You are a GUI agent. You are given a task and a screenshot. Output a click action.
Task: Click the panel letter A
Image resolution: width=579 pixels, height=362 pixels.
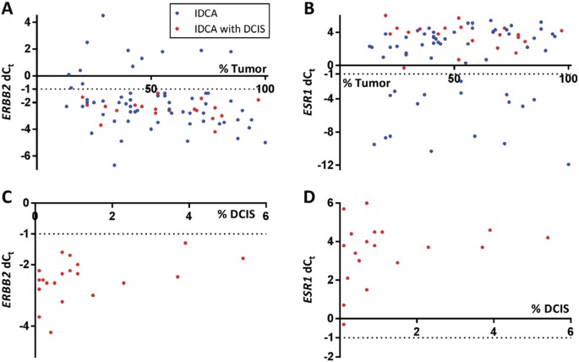pyautogui.click(x=8, y=10)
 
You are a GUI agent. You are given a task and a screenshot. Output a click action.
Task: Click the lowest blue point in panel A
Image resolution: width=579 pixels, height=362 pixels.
pyautogui.click(x=114, y=165)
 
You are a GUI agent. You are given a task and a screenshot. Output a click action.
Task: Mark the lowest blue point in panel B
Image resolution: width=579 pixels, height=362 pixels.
pyautogui.click(x=569, y=164)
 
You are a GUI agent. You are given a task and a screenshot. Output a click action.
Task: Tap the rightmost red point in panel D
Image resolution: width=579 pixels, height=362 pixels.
pyautogui.click(x=548, y=238)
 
